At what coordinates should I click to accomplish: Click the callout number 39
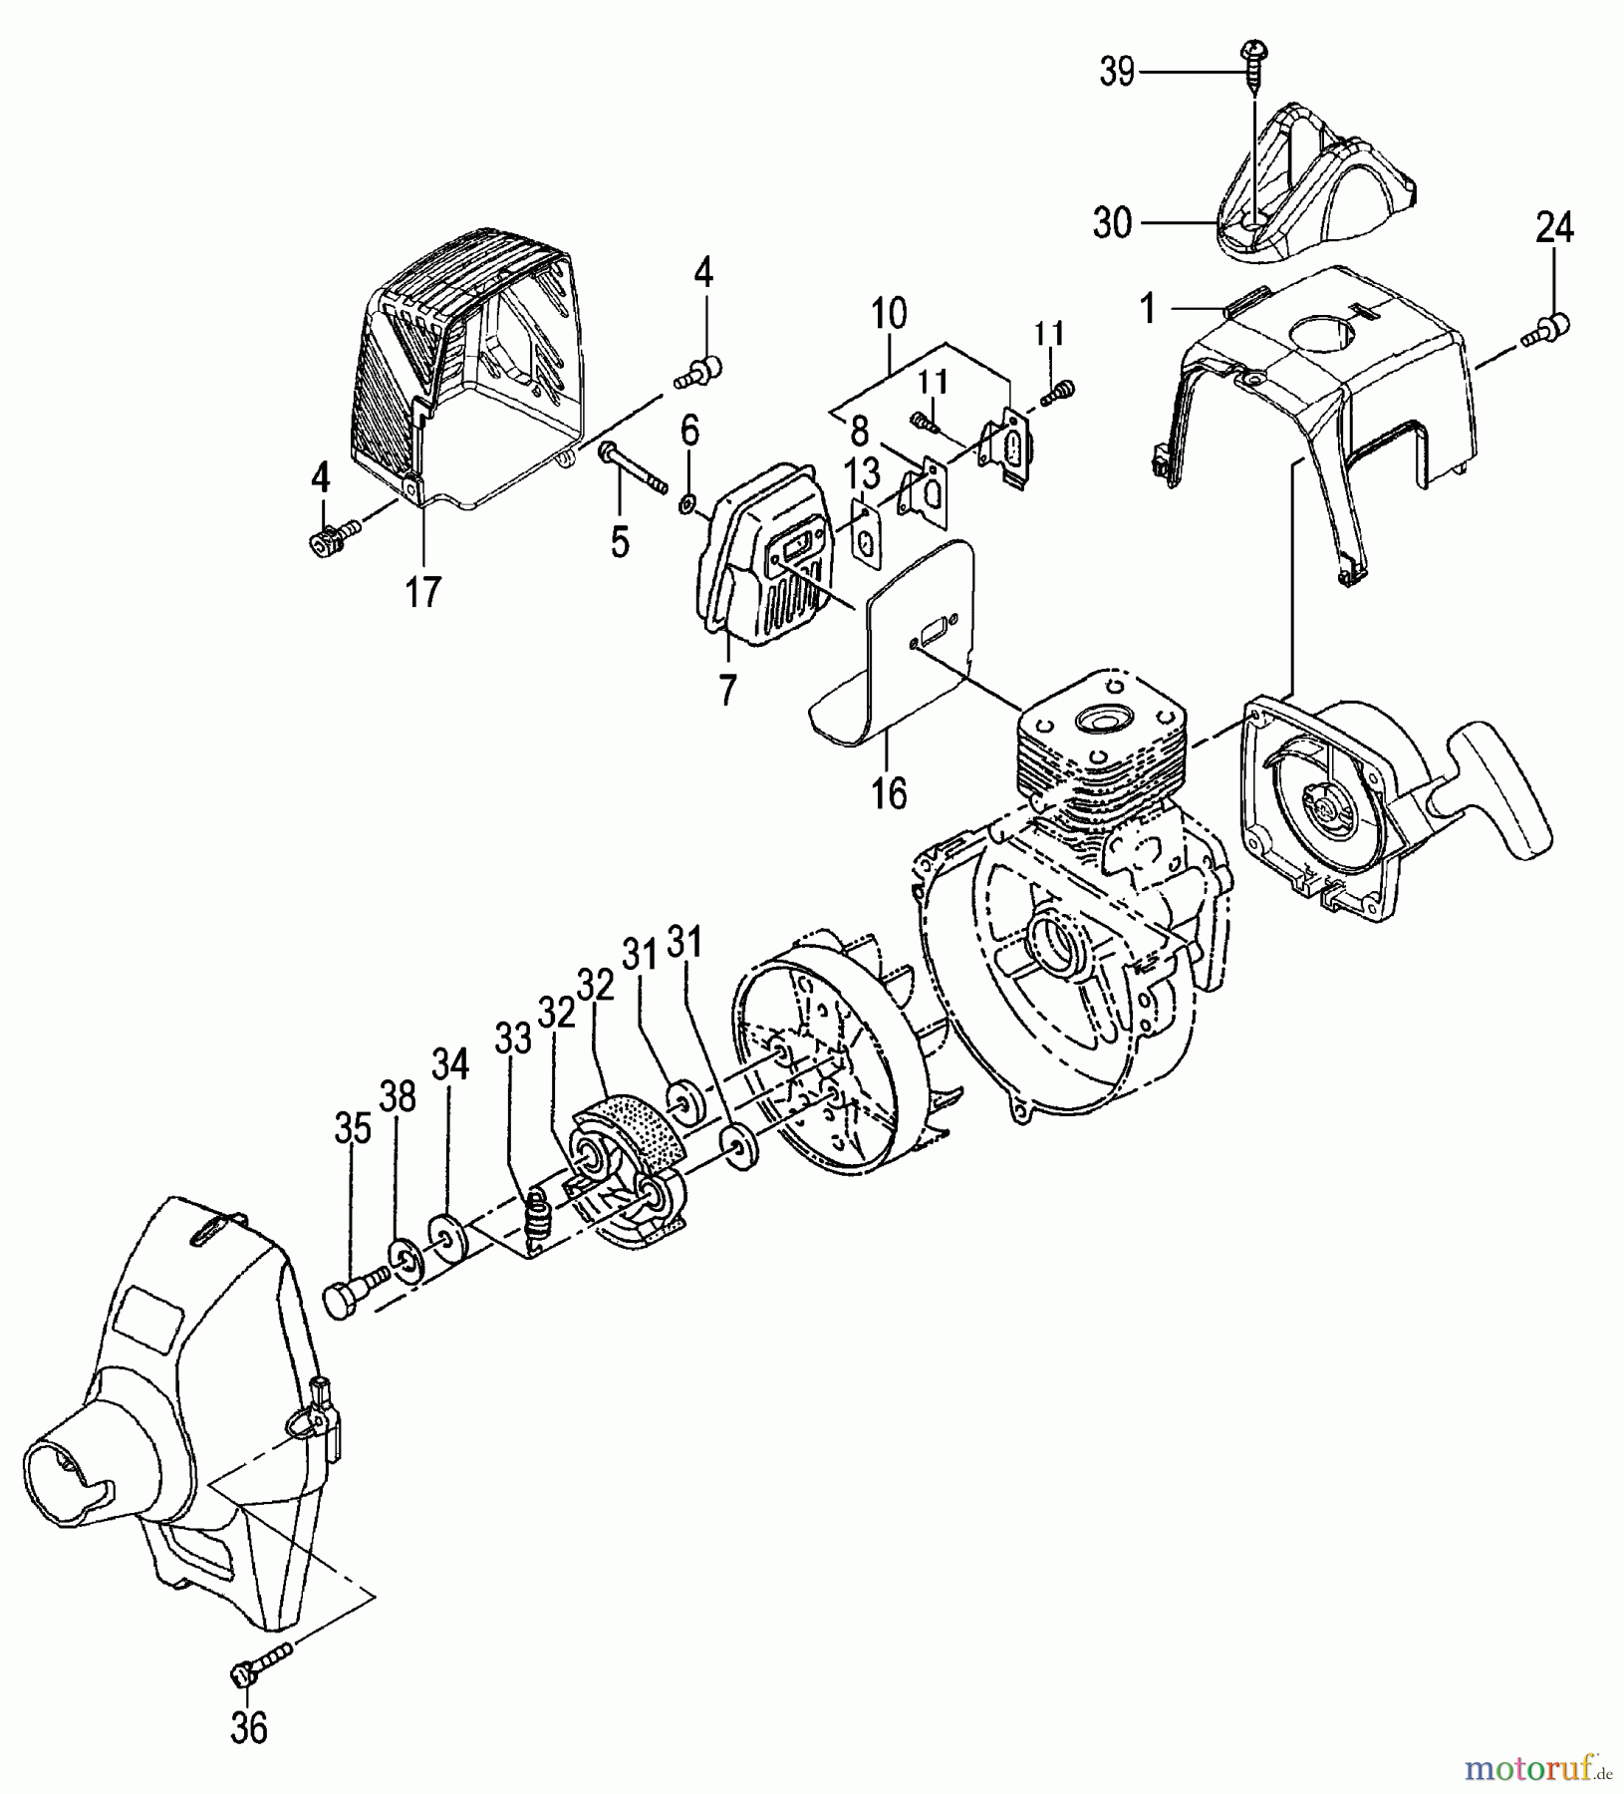(1118, 72)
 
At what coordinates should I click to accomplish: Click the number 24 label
(1554, 228)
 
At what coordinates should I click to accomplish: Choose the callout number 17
(422, 592)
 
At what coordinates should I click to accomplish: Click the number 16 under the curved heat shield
(889, 793)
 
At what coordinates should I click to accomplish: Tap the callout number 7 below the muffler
(727, 690)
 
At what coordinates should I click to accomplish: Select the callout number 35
(353, 1129)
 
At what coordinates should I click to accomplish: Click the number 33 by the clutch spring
(515, 1041)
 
